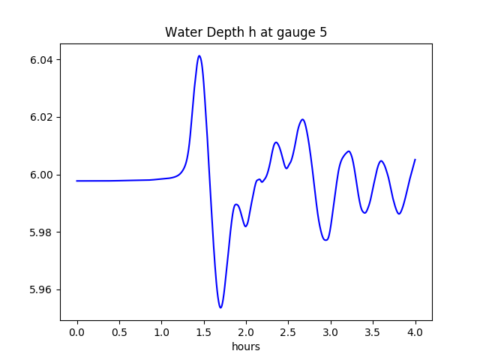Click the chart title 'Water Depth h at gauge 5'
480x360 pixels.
point(246,33)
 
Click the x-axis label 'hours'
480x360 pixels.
point(246,347)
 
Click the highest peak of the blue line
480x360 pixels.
point(199,55)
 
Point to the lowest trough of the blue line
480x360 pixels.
point(220,307)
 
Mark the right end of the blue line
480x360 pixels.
point(415,160)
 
